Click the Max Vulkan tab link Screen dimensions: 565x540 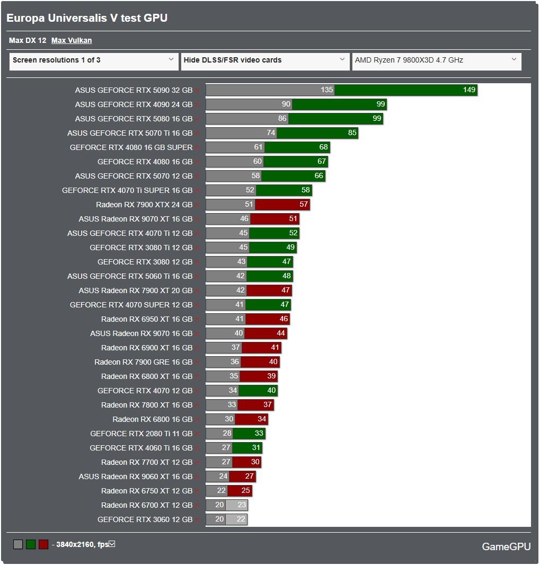click(x=72, y=40)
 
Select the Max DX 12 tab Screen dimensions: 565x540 click(x=28, y=40)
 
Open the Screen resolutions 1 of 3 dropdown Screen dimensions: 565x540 click(x=93, y=60)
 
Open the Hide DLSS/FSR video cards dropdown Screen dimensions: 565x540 click(x=264, y=60)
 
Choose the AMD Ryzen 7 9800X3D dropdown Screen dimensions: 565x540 click(x=436, y=60)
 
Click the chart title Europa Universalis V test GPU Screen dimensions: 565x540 click(x=87, y=18)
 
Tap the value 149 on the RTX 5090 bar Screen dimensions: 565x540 click(x=469, y=90)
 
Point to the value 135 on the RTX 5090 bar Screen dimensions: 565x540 click(x=327, y=90)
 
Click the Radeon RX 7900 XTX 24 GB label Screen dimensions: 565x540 click(x=144, y=205)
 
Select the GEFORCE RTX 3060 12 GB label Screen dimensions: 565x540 click(x=145, y=519)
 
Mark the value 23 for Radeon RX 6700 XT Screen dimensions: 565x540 click(x=242, y=505)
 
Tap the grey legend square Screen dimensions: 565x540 click(x=18, y=544)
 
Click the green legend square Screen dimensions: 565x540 click(x=31, y=544)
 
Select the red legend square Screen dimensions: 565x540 click(x=43, y=544)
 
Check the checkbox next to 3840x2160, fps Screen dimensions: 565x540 click(x=112, y=544)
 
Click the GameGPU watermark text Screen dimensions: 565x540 click(x=506, y=546)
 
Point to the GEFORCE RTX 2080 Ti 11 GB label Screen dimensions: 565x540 click(x=141, y=434)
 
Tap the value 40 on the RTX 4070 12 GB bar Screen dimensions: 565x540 click(x=271, y=391)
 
